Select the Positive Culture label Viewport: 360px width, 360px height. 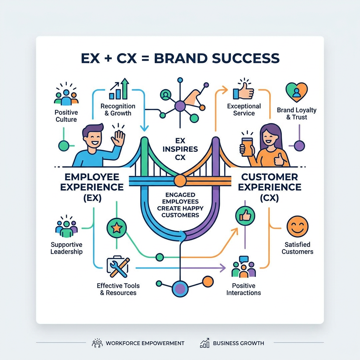click(x=66, y=116)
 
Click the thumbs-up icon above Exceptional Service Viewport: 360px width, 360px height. click(x=243, y=90)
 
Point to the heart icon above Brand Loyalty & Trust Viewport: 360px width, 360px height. click(x=296, y=92)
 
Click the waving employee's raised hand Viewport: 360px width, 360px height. click(x=118, y=138)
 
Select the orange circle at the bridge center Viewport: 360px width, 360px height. click(x=180, y=181)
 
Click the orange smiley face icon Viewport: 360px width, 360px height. click(x=297, y=226)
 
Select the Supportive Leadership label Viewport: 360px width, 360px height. click(x=66, y=248)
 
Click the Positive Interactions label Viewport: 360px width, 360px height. click(x=244, y=289)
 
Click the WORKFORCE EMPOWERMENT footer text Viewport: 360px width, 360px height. click(x=145, y=343)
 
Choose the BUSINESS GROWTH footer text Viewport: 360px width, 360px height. click(x=238, y=343)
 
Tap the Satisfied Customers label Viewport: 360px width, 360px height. click(x=297, y=248)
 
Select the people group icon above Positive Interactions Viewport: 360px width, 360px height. click(x=243, y=268)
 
